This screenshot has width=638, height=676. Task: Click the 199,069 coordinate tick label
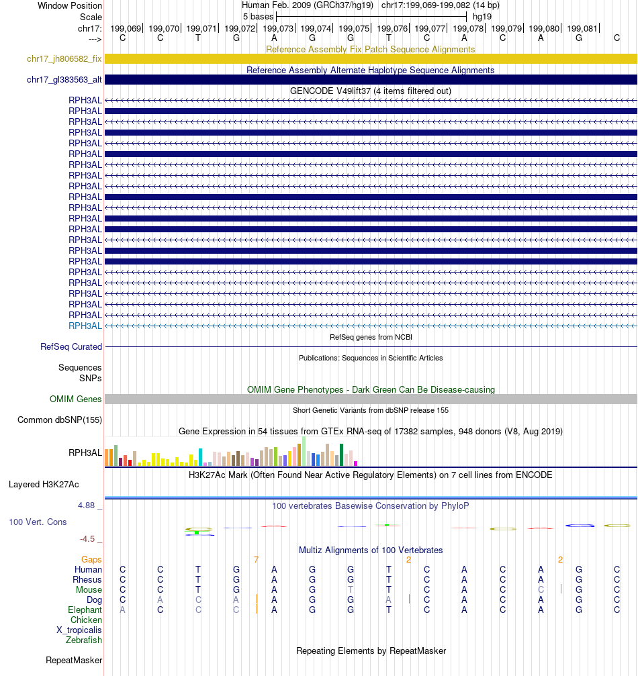(x=126, y=28)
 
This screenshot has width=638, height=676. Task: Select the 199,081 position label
(x=581, y=28)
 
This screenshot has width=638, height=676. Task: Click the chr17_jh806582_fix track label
(x=64, y=59)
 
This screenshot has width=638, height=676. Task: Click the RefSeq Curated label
(x=71, y=347)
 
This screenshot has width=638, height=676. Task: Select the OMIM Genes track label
(x=76, y=399)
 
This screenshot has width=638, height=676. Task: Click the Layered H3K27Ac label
(x=44, y=484)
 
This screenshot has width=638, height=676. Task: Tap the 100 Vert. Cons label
(x=38, y=522)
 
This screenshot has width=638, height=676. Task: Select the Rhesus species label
(x=88, y=580)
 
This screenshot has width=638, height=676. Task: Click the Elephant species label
(x=85, y=610)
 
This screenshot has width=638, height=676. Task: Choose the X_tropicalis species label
(x=79, y=630)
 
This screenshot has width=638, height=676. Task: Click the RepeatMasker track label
(x=74, y=661)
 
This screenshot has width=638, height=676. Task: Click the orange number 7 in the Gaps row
(x=256, y=559)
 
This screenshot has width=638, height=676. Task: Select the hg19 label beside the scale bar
(x=482, y=16)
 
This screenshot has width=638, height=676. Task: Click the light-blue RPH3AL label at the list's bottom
(x=85, y=326)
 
